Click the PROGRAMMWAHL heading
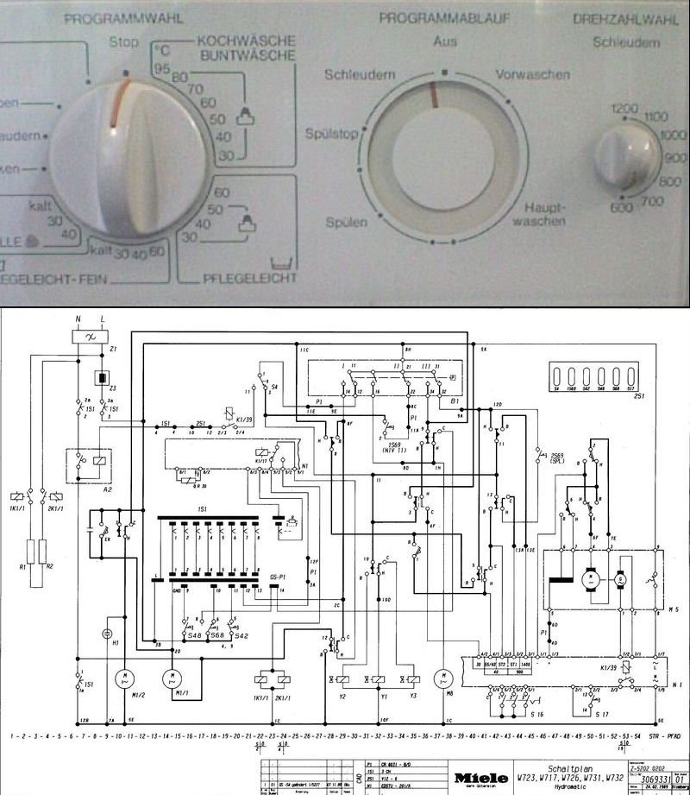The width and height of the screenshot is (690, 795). tap(122, 16)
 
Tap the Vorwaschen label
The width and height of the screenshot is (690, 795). tap(533, 75)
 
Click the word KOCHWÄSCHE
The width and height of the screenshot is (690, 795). tap(247, 41)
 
